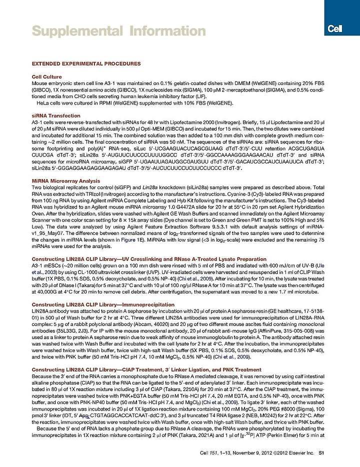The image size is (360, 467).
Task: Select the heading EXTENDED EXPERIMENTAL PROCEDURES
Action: pos(86,63)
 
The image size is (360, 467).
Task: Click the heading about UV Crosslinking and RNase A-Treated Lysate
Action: pos(143,258)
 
